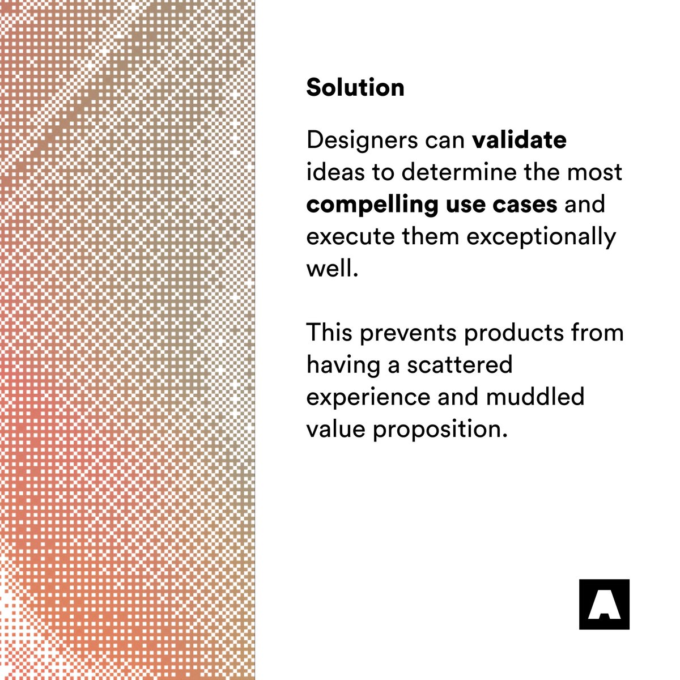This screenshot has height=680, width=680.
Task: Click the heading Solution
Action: click(355, 88)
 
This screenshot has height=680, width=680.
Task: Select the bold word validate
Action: click(519, 140)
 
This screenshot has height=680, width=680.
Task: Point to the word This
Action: click(329, 332)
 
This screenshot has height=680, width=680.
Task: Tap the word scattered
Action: click(460, 364)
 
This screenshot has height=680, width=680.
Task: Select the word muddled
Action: click(535, 397)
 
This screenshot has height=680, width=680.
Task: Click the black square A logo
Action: click(604, 604)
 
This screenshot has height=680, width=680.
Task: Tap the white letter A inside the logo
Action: click(604, 607)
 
